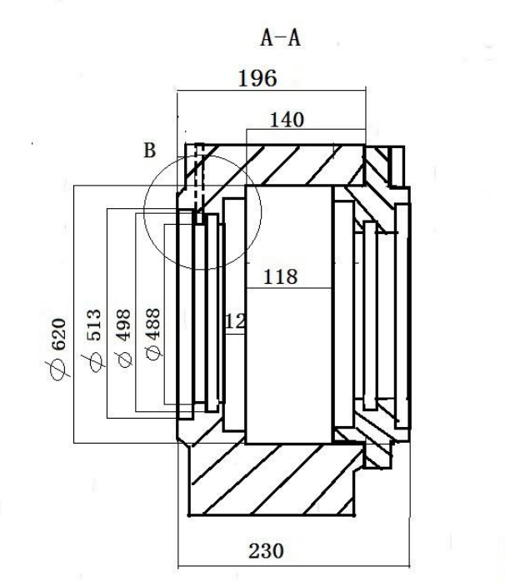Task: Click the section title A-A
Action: [x=281, y=38]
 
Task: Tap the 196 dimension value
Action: [x=257, y=78]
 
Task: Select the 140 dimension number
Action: [x=287, y=120]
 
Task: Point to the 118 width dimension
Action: [x=281, y=277]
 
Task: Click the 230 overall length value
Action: [x=266, y=550]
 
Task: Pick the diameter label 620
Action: [x=58, y=335]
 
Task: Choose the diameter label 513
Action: [x=93, y=325]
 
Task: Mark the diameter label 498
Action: [x=123, y=325]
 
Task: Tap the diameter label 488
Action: [x=152, y=324]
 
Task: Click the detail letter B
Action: [x=149, y=151]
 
